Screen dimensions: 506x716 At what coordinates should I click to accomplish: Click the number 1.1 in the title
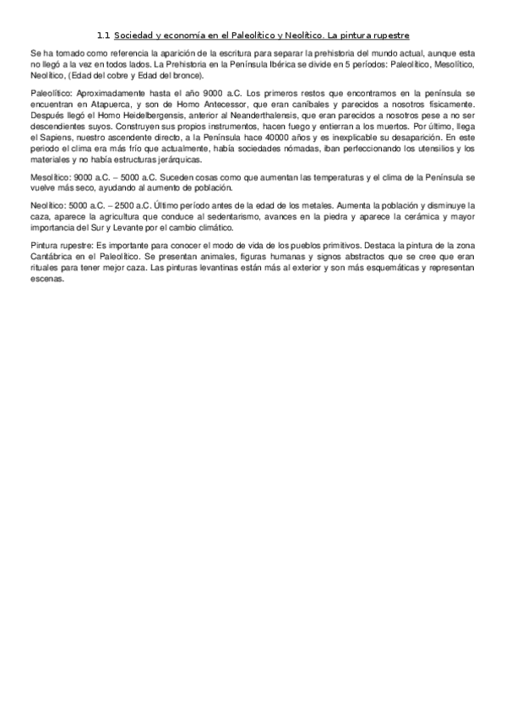104,35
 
